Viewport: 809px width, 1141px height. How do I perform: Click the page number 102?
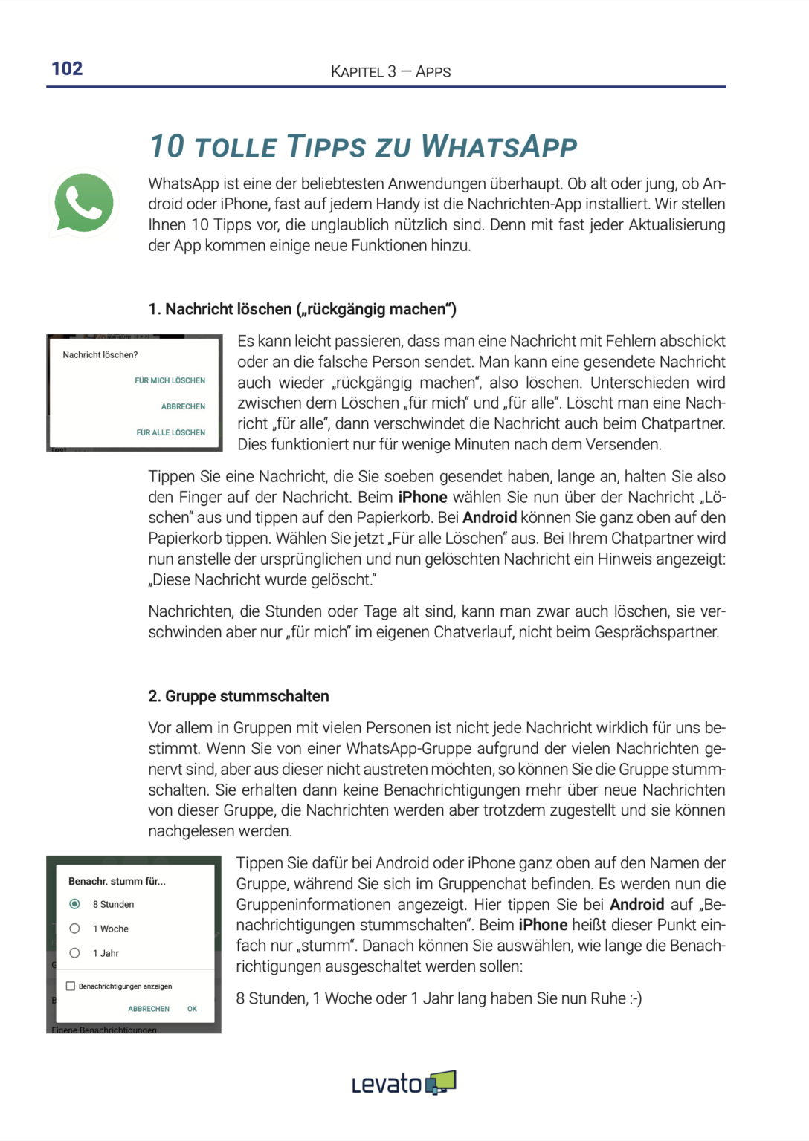(x=67, y=69)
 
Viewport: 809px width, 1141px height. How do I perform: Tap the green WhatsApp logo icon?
(x=84, y=203)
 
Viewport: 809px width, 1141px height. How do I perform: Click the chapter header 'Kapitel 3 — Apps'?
(x=390, y=72)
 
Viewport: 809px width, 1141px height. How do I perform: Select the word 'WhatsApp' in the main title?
(x=499, y=146)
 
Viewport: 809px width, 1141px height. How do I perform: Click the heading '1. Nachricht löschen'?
(x=302, y=309)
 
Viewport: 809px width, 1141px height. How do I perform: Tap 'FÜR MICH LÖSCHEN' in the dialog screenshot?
(x=170, y=380)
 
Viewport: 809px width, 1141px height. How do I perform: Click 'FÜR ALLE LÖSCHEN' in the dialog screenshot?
(x=170, y=432)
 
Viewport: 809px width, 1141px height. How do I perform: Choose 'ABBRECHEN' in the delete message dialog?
(x=183, y=406)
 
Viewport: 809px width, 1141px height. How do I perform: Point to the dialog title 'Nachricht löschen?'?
(x=100, y=355)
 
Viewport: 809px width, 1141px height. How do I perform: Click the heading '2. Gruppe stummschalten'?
(x=238, y=696)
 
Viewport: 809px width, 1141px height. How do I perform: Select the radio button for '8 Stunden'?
(x=74, y=904)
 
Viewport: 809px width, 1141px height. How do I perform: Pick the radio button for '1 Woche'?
(x=74, y=929)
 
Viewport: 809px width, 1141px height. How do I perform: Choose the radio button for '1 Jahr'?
(x=74, y=953)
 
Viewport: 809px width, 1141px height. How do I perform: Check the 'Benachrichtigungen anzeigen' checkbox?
(x=71, y=986)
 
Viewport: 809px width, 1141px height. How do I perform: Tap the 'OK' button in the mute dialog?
(x=192, y=1009)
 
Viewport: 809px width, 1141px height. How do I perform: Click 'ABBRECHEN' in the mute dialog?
(x=149, y=1009)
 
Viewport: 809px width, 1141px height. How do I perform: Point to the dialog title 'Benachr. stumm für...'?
(x=117, y=881)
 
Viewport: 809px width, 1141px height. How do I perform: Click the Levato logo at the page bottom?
(x=404, y=1084)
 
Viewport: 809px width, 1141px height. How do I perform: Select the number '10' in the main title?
(x=167, y=146)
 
